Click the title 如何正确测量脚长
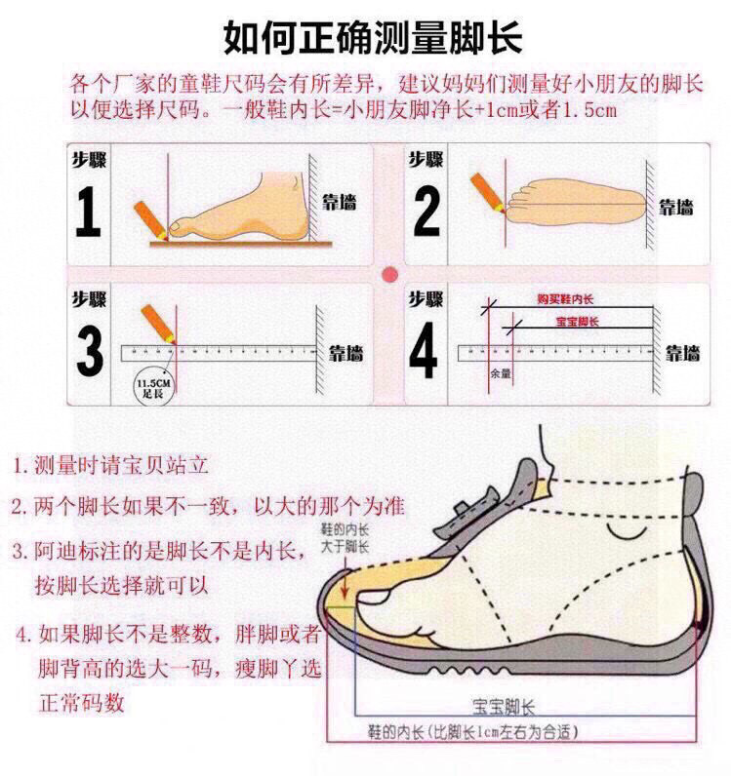(x=373, y=38)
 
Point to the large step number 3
(x=90, y=352)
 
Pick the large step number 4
(x=424, y=352)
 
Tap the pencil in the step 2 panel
(x=485, y=191)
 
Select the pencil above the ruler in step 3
(x=157, y=323)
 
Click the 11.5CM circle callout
(x=152, y=385)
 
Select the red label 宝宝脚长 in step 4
(x=576, y=321)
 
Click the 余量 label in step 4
(x=501, y=372)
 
